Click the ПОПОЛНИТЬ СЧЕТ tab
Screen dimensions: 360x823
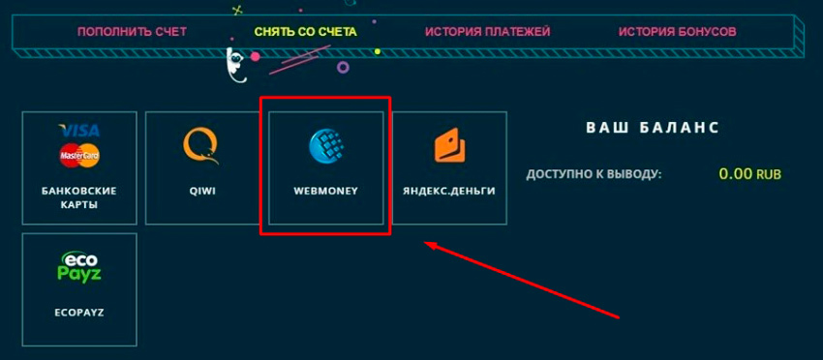(132, 32)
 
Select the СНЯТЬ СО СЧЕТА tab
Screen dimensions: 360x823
(305, 32)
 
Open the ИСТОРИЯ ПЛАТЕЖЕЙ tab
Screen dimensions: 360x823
(487, 32)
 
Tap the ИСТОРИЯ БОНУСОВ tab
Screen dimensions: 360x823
(677, 32)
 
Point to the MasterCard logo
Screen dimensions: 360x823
(79, 155)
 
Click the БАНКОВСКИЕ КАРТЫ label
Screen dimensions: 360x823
(79, 197)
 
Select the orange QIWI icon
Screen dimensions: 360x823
(201, 146)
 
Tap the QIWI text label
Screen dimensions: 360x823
(202, 191)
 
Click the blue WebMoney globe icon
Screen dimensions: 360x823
(325, 146)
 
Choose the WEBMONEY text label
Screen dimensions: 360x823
(325, 191)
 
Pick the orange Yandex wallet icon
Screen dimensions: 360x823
(449, 146)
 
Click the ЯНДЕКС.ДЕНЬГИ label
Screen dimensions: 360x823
(449, 191)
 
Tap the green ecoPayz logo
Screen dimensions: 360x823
(79, 267)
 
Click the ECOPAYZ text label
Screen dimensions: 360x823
(79, 314)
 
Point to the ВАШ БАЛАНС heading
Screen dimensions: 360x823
(653, 128)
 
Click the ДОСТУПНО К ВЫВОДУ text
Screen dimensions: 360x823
(594, 174)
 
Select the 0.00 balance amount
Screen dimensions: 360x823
(736, 174)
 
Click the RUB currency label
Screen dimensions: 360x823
(769, 175)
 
